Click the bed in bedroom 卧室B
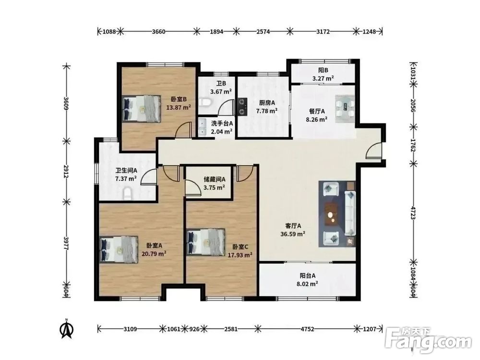142,108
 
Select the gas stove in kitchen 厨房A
242,107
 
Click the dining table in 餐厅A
345,109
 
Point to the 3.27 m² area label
323,78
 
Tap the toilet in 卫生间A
128,194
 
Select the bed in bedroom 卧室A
119,250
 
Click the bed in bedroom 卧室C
206,242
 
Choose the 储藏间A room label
215,180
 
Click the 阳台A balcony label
307,276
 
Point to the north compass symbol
66,329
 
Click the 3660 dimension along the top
158,32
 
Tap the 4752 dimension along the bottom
307,329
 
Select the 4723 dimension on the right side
413,213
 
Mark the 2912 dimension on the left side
66,171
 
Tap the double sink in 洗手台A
203,127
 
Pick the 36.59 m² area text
293,234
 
